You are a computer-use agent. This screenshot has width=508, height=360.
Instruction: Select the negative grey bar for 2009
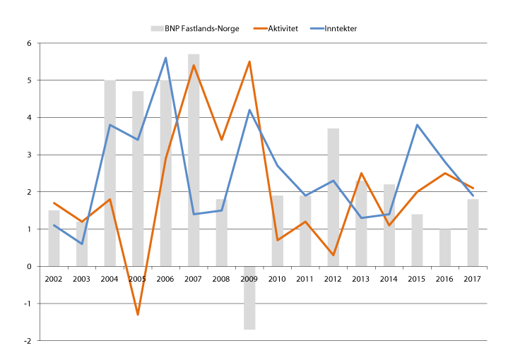click(249, 298)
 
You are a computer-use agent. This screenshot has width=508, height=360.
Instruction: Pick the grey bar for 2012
click(333, 198)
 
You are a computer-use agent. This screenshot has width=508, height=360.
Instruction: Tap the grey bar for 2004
click(110, 173)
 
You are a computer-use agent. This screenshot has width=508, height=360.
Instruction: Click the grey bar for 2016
click(445, 248)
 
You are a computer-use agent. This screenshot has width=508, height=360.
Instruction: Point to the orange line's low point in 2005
click(138, 315)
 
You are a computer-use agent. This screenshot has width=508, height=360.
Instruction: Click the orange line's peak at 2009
click(249, 61)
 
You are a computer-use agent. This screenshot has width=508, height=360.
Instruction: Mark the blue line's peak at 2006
click(166, 58)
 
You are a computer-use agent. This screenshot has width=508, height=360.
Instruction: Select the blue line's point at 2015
click(418, 125)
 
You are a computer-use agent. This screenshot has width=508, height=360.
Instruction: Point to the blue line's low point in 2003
click(82, 244)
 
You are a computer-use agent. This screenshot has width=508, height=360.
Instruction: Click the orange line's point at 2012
click(333, 255)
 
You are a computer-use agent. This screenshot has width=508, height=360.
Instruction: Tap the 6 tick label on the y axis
click(30, 44)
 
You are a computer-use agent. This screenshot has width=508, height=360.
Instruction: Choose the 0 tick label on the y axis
click(30, 267)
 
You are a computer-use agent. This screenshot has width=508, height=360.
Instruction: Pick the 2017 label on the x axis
click(473, 280)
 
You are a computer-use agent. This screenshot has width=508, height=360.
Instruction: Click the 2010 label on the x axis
click(278, 280)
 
